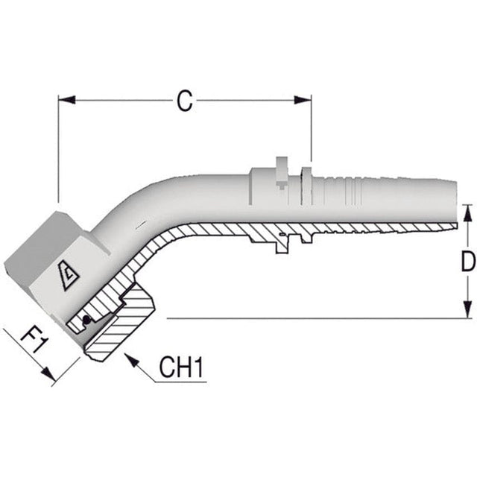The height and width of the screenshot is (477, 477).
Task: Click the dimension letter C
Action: tap(184, 101)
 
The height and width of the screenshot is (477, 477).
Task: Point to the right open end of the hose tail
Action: tap(451, 201)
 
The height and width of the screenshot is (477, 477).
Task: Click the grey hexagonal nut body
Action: tap(45, 246)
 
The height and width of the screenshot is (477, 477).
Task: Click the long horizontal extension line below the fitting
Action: tap(313, 318)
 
